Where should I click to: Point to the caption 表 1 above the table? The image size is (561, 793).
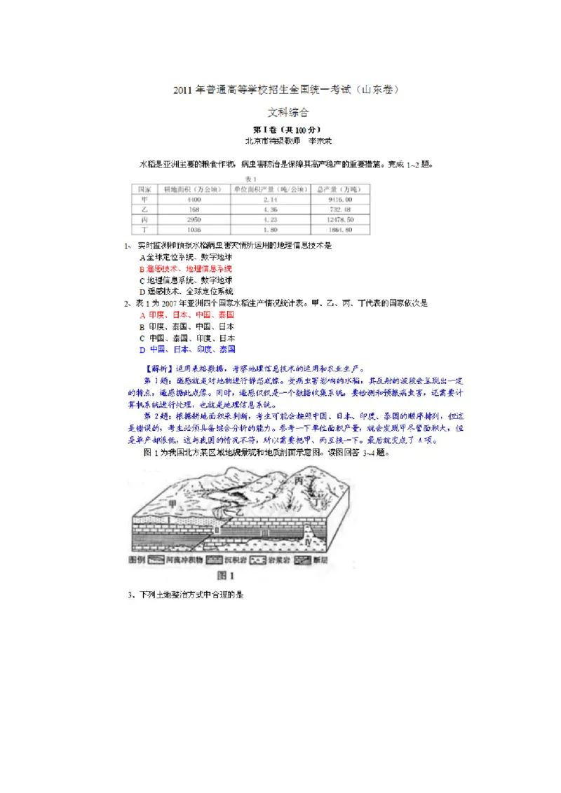[x=250, y=178]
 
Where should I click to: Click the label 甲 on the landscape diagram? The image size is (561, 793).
[x=173, y=503]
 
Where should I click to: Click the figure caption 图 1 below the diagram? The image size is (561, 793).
[x=227, y=576]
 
